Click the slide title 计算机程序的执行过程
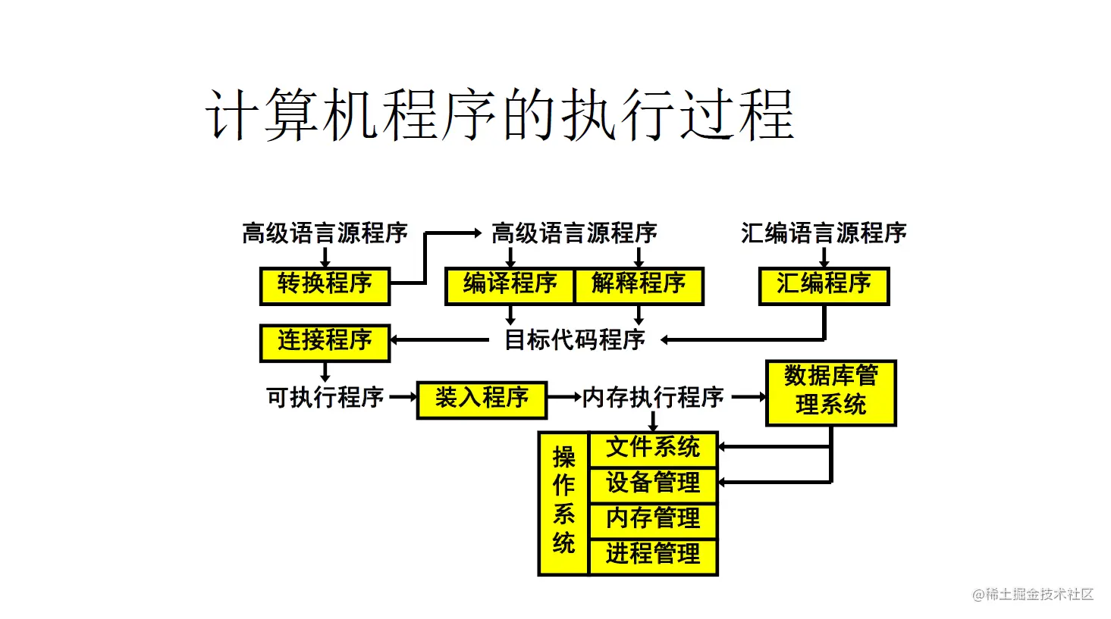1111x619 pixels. click(500, 115)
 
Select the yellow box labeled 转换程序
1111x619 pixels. click(325, 286)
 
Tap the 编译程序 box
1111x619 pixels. click(510, 286)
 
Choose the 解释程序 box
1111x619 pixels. click(639, 286)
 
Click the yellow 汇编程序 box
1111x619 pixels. click(824, 286)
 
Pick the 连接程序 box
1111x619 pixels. click(325, 342)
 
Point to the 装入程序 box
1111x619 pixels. click(482, 399)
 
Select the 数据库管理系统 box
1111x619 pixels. click(831, 392)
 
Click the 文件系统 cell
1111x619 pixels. click(653, 448)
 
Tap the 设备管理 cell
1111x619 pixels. click(653, 483)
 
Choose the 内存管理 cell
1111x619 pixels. click(653, 518)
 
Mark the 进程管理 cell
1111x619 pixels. click(653, 555)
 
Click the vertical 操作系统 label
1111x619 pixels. click(563, 501)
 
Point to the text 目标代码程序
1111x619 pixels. click(575, 340)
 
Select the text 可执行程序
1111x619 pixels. click(325, 397)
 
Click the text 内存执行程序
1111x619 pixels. click(653, 397)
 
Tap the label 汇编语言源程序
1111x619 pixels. click(824, 233)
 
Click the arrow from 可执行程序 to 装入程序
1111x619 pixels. click(403, 397)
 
